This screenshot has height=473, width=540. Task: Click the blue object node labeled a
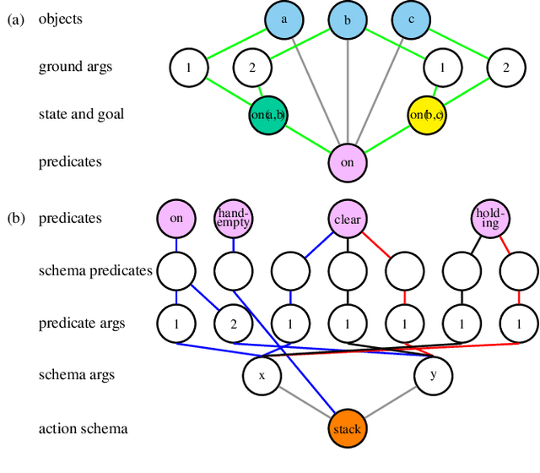283,19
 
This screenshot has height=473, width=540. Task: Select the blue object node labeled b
348,19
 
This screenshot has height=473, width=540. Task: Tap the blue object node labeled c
411,19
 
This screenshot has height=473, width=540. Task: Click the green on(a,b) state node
267,114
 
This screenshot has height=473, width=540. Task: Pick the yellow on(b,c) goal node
427,114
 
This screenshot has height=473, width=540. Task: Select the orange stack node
347,428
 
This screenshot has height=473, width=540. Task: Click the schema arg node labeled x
262,375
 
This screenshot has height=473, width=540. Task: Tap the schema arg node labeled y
433,375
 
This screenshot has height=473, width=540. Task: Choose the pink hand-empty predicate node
233,219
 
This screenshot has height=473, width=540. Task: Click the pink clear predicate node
348,219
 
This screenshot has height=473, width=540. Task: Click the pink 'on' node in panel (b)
175,219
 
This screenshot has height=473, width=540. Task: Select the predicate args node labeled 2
233,323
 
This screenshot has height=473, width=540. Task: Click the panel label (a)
16,19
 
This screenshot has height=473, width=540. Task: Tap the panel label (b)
16,219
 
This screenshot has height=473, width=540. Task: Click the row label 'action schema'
83,428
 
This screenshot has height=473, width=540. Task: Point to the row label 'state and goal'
81,114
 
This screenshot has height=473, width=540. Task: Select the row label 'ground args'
76,66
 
